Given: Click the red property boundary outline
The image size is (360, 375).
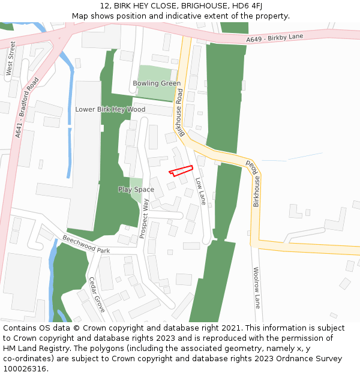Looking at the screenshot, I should pos(181,170).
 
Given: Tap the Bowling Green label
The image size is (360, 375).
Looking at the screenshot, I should pos(157,83).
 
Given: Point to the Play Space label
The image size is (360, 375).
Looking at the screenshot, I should pos(136,190).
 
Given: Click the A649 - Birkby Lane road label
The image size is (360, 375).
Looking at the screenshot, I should pos(275,38).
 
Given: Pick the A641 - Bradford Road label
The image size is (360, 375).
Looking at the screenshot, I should pos(26,108).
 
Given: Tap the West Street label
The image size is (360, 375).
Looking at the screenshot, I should pos(10,58).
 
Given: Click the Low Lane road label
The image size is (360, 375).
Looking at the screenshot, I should pos(200,191).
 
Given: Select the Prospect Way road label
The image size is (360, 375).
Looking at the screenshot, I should pos(145,218).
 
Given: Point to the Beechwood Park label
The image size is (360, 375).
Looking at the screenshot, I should pos(86,244).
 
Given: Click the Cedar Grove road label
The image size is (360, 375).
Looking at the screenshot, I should pos(97,295).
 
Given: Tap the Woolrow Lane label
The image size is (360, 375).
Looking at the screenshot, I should pos(256,287).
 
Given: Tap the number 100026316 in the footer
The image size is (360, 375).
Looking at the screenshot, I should pos(25,369).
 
